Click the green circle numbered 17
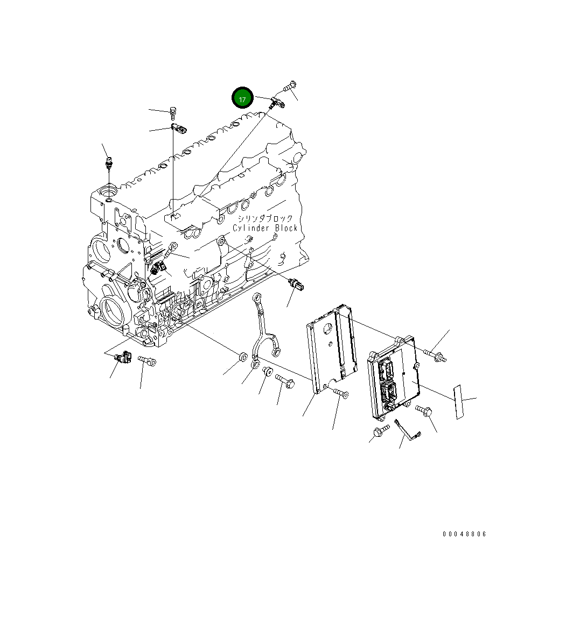tap(242, 99)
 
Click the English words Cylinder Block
tap(265, 228)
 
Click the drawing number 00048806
tap(464, 534)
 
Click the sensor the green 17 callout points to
tap(277, 101)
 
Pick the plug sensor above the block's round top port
tap(109, 162)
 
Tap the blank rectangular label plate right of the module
tap(458, 401)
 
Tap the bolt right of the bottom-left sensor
tap(147, 360)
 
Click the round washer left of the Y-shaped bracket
tap(242, 357)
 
